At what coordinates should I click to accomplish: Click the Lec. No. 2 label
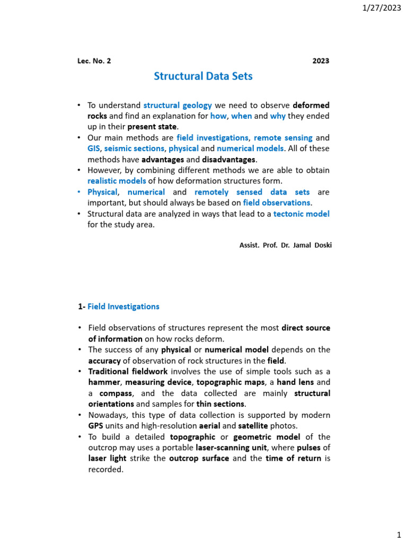pyautogui.click(x=94, y=61)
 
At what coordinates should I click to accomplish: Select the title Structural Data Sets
pyautogui.click(x=203, y=76)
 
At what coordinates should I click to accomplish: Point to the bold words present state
pyautogui.click(x=153, y=126)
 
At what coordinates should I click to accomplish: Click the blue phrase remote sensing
pyautogui.click(x=283, y=138)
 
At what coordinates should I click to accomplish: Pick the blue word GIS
pyautogui.click(x=94, y=148)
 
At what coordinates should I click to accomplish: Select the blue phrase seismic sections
pyautogui.click(x=135, y=148)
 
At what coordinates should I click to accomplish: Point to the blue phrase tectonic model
pyautogui.click(x=302, y=214)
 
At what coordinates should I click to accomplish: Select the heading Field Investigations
pyautogui.click(x=123, y=306)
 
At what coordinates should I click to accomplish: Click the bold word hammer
pyautogui.click(x=104, y=382)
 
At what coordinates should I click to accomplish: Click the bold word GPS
pyautogui.click(x=95, y=426)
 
